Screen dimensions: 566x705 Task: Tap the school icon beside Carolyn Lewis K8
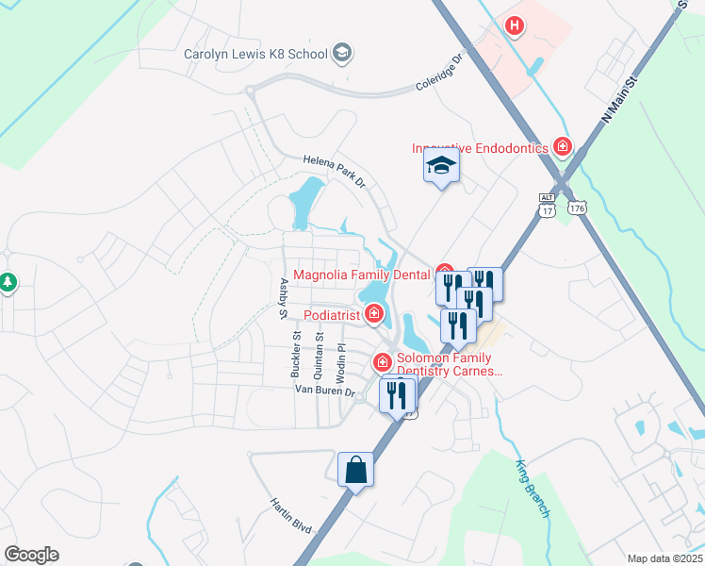pyautogui.click(x=342, y=52)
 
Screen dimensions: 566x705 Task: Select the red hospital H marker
pyautogui.click(x=514, y=26)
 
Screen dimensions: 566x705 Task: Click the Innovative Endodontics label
pyautogui.click(x=481, y=148)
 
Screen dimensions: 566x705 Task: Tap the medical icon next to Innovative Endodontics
pyautogui.click(x=564, y=146)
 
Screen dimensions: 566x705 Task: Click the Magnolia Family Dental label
pyautogui.click(x=362, y=275)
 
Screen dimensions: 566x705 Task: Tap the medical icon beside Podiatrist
pyautogui.click(x=375, y=312)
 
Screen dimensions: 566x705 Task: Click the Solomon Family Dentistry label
pyautogui.click(x=444, y=364)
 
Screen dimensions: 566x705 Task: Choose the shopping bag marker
pyautogui.click(x=356, y=469)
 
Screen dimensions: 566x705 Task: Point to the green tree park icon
pyautogui.click(x=8, y=282)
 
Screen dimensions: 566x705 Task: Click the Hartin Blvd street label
pyautogui.click(x=290, y=516)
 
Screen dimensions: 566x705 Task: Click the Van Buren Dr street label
pyautogui.click(x=324, y=391)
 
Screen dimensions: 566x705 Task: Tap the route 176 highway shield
pyautogui.click(x=578, y=207)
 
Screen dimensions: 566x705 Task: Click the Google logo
pyautogui.click(x=31, y=555)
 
